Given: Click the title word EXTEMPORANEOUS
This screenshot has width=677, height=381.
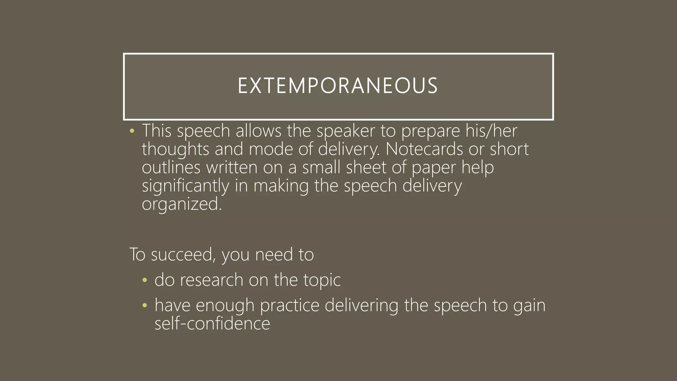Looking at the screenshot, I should (338, 86).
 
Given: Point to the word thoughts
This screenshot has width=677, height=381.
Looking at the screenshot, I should (175, 149).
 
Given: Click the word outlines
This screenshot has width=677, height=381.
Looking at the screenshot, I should (171, 167).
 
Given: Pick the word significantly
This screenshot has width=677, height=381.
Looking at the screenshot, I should (185, 186).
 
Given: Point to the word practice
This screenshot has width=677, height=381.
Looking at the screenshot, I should (290, 306).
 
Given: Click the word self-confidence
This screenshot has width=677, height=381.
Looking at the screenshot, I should (212, 323).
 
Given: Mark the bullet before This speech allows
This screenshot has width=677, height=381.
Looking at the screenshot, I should (132, 131).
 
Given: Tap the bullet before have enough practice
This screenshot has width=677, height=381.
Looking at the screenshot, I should (144, 306).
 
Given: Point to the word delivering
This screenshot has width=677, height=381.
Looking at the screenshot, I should (361, 306).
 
